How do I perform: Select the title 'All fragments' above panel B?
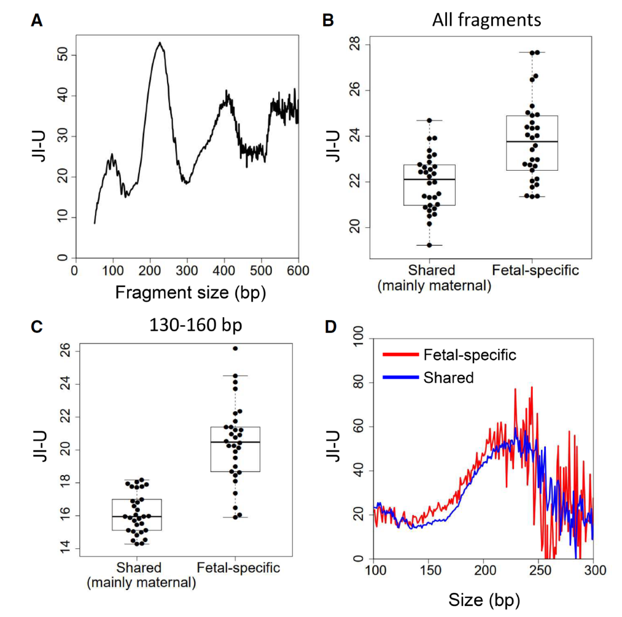click(x=486, y=21)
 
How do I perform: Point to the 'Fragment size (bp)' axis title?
click(x=190, y=293)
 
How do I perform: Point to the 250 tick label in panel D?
click(x=538, y=571)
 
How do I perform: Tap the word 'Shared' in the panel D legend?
click(x=449, y=378)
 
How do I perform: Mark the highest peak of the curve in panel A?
click(x=160, y=43)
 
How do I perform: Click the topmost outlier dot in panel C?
click(x=235, y=348)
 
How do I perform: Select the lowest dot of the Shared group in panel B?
click(x=429, y=245)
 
